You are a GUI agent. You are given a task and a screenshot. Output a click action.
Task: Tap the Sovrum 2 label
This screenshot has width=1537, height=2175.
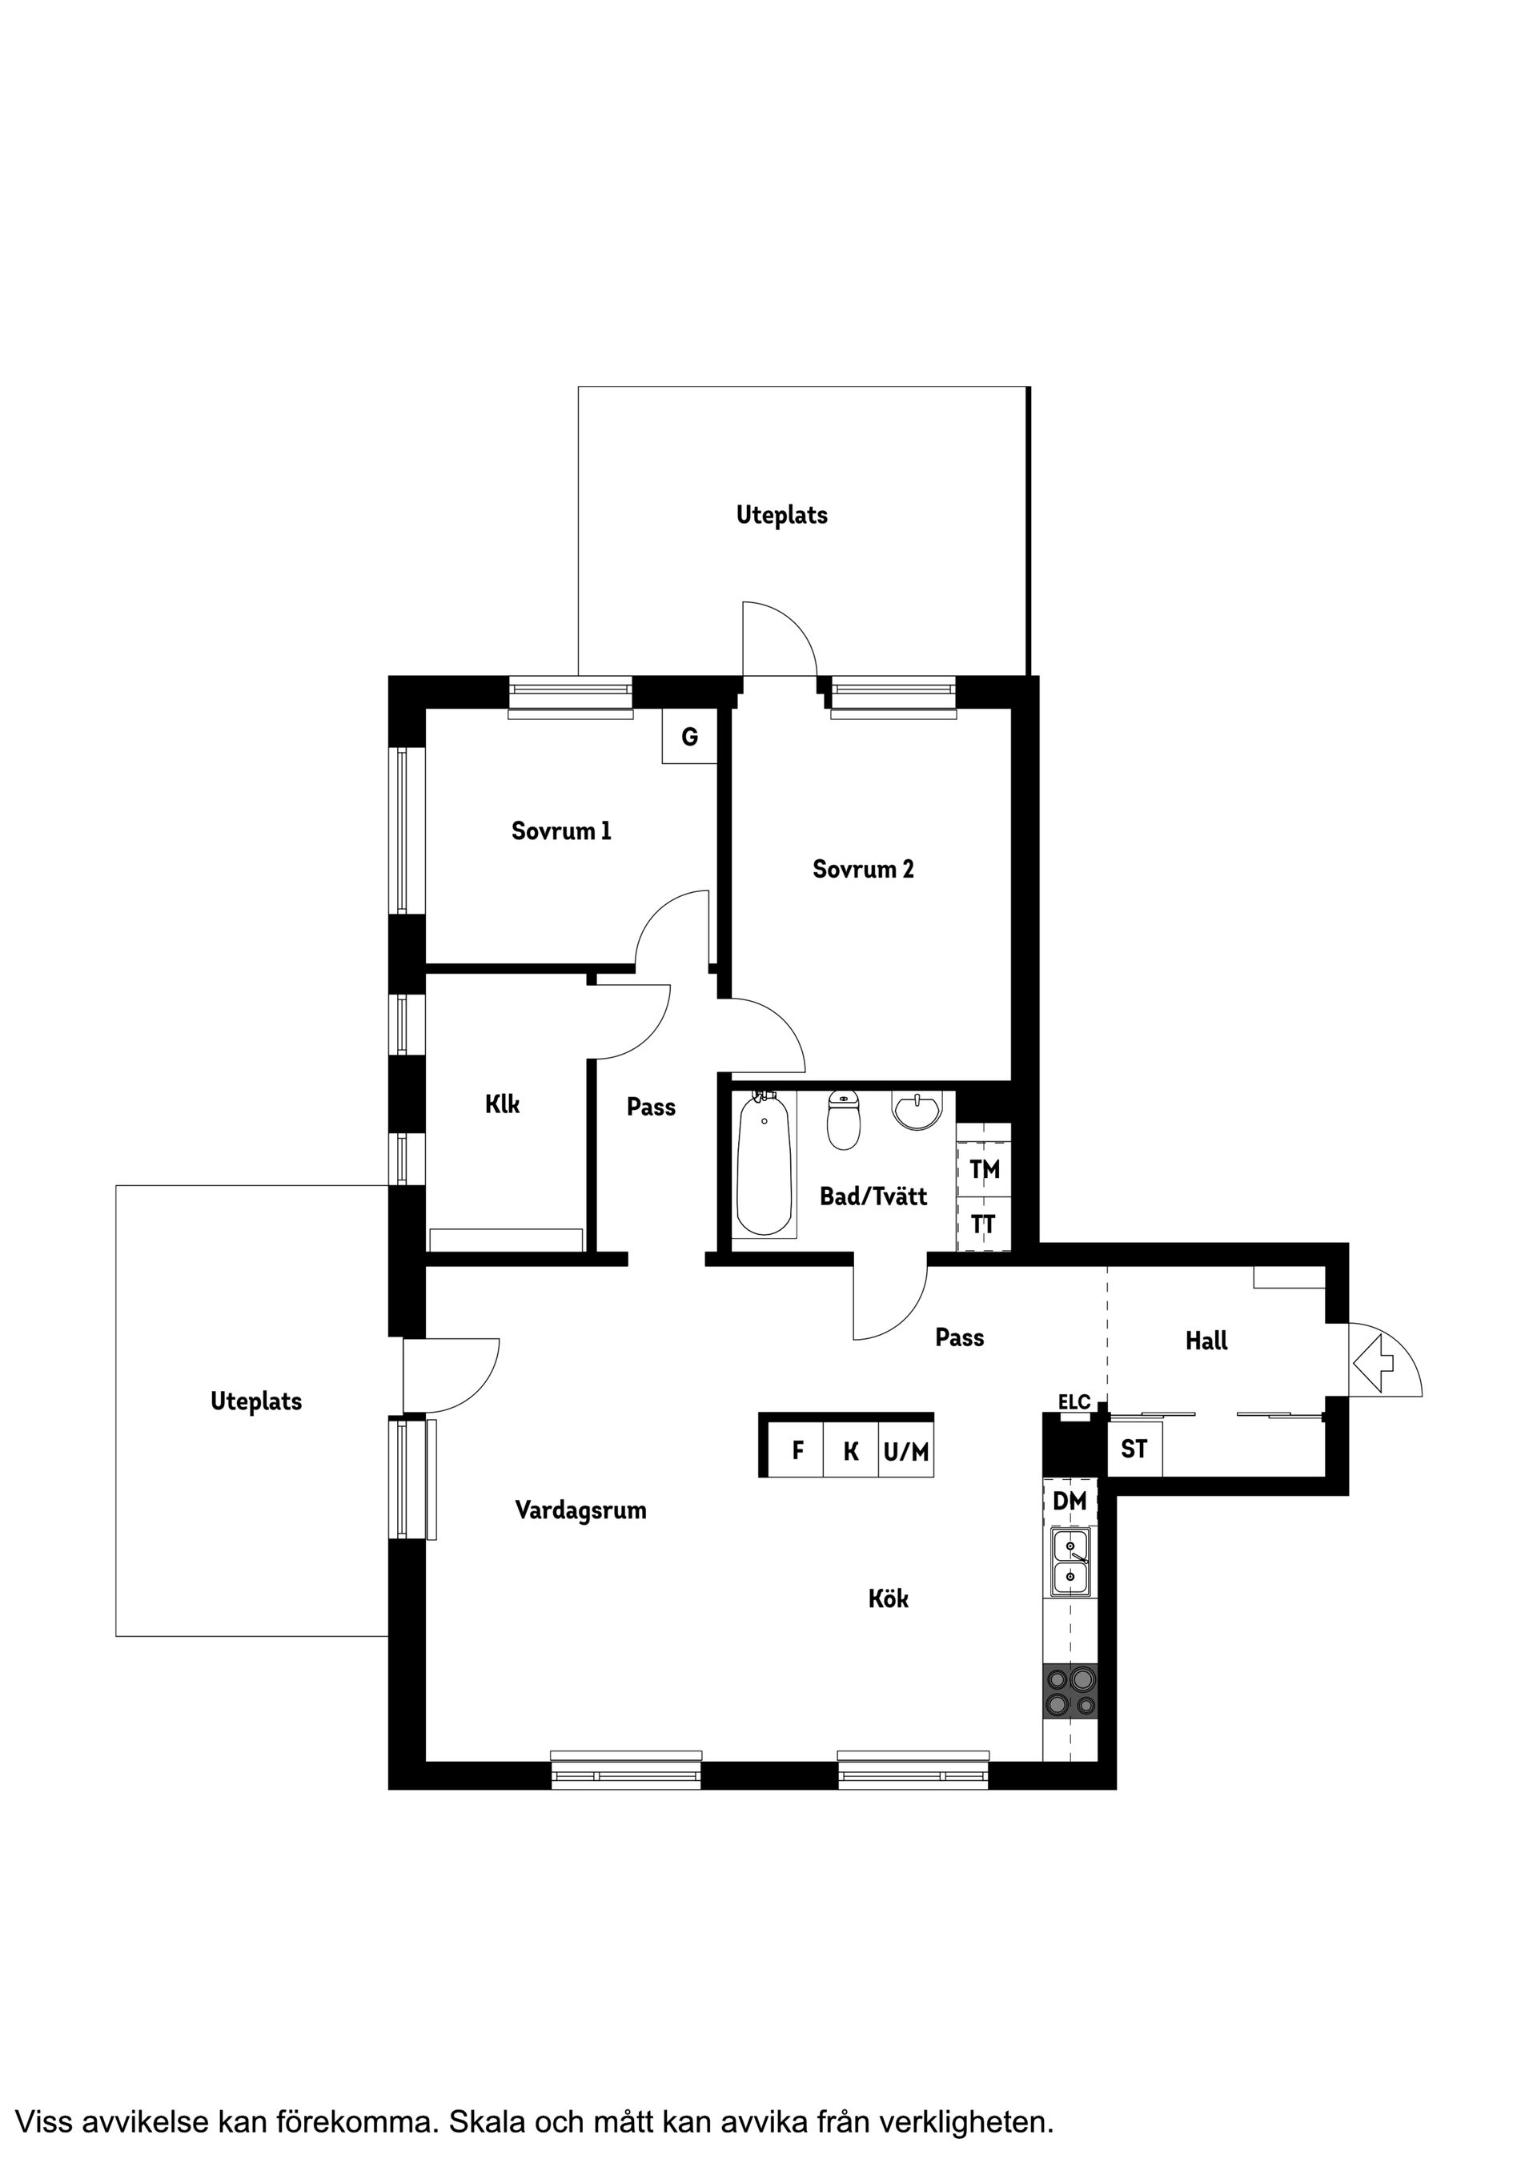coord(863,869)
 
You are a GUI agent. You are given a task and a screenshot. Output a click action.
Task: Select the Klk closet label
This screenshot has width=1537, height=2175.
coord(502,1104)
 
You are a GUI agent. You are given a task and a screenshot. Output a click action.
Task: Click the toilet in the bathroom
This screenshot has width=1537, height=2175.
coord(843,1120)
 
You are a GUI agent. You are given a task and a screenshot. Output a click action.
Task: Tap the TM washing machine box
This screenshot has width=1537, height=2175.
coord(985,1170)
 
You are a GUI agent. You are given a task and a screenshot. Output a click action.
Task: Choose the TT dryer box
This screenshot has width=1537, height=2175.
coord(984,1225)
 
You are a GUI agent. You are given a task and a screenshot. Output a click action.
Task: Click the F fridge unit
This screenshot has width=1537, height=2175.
coord(797,1450)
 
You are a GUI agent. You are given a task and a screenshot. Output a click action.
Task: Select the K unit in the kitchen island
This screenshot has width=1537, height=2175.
coord(850,1450)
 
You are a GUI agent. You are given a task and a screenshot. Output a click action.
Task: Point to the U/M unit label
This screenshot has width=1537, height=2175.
coord(906,1450)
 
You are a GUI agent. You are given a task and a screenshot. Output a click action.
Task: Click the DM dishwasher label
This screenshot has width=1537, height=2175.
coord(1070,1501)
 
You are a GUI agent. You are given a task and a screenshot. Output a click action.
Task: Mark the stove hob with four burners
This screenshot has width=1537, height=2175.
coord(1070,1693)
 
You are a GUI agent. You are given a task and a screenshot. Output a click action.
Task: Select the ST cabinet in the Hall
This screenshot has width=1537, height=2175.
coord(1134,1449)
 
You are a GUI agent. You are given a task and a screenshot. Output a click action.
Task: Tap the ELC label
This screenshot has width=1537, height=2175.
coord(1074,1402)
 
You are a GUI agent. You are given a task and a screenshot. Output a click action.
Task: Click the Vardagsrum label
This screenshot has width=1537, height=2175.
coord(580,1510)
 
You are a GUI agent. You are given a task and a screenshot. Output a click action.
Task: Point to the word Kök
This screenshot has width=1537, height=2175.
coord(889,1600)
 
